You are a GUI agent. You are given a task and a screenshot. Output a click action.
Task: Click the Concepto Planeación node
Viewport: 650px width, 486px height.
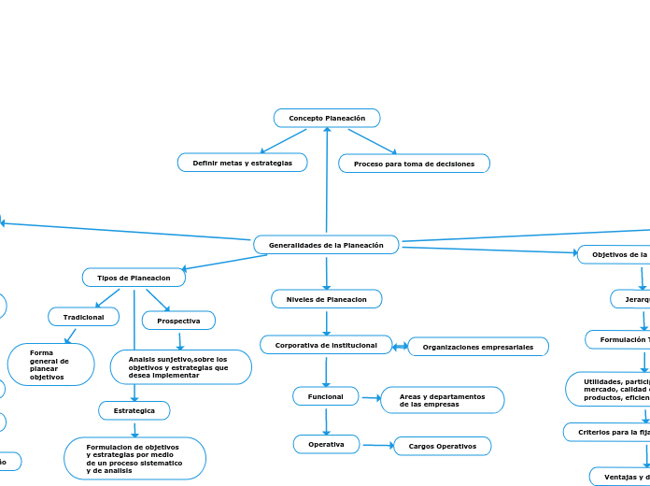point(327,118)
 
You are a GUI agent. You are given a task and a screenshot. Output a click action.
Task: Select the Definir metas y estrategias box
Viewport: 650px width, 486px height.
point(242,163)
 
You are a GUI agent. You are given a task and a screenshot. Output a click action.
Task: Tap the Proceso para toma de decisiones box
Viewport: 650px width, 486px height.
point(414,164)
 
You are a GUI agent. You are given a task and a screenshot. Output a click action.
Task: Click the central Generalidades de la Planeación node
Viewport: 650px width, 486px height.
point(326,245)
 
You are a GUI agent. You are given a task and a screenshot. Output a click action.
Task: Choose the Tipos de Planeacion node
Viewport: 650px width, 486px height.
point(134,278)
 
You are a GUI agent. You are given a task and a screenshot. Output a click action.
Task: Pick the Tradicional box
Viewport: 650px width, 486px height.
point(83,317)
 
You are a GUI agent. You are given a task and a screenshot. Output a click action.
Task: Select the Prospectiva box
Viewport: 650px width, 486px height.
point(178,321)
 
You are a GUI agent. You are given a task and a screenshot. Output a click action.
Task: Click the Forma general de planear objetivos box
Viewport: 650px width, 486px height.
point(50,364)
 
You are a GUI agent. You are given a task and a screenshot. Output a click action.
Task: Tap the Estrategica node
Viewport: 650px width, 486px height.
point(134,410)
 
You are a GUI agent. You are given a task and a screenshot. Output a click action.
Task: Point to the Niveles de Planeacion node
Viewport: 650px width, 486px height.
point(326,299)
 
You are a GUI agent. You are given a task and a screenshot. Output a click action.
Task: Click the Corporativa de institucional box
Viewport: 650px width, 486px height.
point(326,345)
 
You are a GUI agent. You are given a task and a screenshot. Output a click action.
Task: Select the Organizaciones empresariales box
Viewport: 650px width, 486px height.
point(478,347)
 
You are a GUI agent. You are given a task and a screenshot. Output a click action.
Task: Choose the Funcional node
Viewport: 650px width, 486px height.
point(326,397)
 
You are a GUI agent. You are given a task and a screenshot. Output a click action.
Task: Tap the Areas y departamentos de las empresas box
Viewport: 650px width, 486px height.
point(443,400)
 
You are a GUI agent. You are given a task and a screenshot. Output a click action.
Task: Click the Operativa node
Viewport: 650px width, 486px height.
point(326,444)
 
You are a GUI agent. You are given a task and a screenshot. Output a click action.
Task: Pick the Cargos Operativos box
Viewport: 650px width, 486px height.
point(442,446)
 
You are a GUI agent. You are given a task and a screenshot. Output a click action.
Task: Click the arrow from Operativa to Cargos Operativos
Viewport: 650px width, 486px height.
point(377,445)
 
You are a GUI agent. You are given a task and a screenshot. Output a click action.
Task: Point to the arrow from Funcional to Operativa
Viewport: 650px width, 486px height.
point(326,422)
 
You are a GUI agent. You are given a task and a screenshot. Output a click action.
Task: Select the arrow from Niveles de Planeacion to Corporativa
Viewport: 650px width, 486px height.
point(326,322)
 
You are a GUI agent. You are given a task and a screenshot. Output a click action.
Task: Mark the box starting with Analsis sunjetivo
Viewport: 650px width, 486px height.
point(180,366)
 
